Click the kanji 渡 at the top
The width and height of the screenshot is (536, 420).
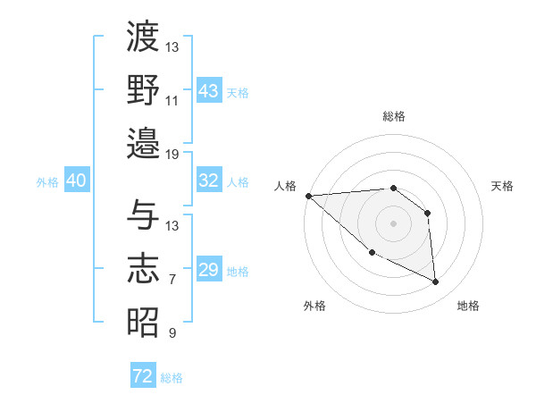(x=143, y=38)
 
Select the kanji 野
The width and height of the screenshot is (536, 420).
(x=143, y=90)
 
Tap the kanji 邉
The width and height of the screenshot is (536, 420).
(x=143, y=143)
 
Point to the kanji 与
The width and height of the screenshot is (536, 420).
(x=143, y=214)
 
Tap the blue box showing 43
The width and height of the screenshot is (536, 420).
(x=208, y=90)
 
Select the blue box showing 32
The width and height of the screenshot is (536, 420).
(x=208, y=181)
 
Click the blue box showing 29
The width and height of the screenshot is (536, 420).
(x=208, y=270)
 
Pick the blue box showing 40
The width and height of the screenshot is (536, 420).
(x=76, y=181)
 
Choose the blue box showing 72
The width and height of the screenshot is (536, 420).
(x=143, y=376)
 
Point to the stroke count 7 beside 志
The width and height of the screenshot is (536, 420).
(x=172, y=280)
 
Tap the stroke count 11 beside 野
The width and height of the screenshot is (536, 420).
(x=172, y=100)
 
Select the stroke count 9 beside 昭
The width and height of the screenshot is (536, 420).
(x=172, y=333)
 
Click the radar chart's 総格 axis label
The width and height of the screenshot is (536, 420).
(x=393, y=116)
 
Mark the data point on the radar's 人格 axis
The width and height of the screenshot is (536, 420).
(x=308, y=196)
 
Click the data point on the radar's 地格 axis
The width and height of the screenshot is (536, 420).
(x=436, y=282)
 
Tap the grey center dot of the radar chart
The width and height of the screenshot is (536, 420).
(x=393, y=223)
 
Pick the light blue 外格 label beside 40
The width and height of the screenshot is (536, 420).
(x=47, y=181)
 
